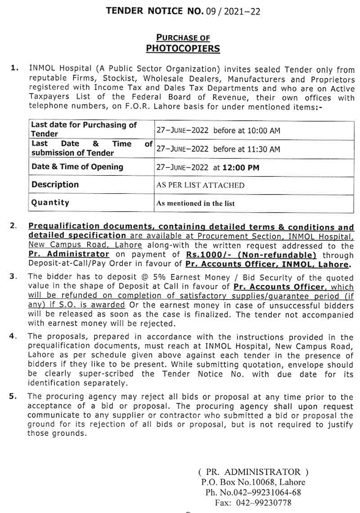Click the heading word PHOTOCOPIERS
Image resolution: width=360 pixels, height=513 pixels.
pos(183,48)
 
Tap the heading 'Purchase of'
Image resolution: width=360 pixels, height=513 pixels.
pos(183,38)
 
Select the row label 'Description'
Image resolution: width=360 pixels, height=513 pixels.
pos(55,185)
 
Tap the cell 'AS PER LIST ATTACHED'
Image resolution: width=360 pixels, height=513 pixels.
pos(200,185)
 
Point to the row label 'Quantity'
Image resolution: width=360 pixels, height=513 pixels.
pos(50,203)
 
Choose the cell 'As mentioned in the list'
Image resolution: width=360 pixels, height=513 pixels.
pos(195,203)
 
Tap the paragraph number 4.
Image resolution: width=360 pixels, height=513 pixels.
pos(13,336)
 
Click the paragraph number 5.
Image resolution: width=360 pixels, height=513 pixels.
pos(13,396)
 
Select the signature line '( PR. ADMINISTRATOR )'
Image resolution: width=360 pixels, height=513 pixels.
pos(253,472)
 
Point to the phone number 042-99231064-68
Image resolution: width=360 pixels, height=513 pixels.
pos(266,492)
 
